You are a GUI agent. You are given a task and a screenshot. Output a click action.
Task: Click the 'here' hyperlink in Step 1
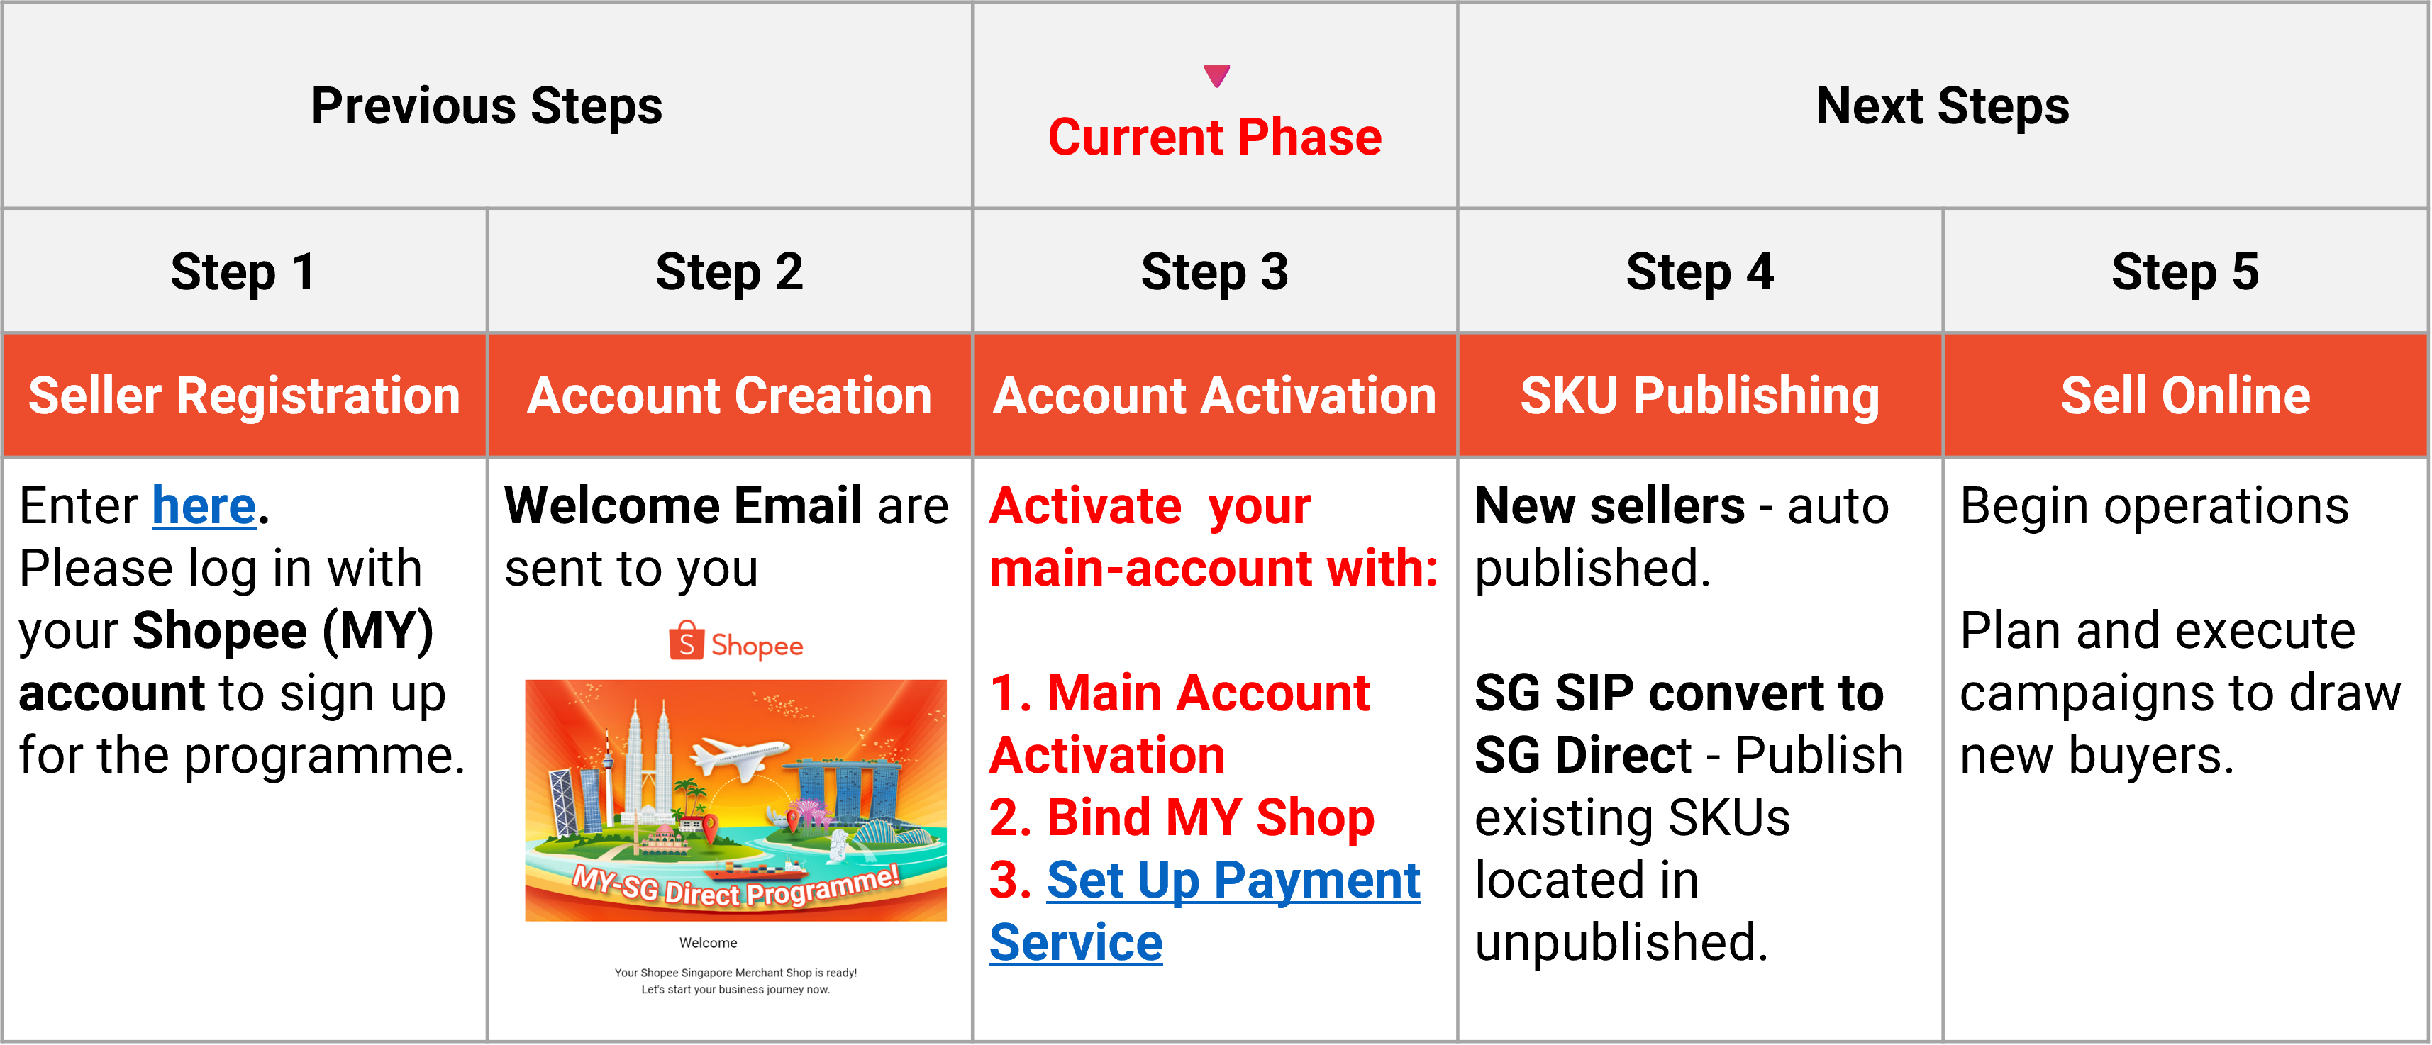click(x=204, y=507)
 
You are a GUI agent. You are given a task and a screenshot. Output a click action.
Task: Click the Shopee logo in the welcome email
click(x=735, y=643)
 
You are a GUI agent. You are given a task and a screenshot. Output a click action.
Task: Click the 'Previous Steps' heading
click(x=487, y=106)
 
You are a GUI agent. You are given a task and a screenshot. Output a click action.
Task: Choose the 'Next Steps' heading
click(x=1942, y=106)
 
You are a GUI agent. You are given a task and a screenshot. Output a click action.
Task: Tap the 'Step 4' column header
click(x=1699, y=272)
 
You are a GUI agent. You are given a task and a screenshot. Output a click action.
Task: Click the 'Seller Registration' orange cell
click(x=243, y=396)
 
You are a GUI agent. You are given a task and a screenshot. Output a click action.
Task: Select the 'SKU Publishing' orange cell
click(x=1699, y=396)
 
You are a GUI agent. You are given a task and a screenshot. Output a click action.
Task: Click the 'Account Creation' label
click(x=729, y=396)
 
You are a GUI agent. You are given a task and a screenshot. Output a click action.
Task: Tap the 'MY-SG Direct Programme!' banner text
click(x=735, y=886)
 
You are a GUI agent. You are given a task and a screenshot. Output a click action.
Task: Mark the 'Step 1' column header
click(x=243, y=272)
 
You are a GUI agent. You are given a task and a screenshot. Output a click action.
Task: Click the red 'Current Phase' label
click(x=1214, y=138)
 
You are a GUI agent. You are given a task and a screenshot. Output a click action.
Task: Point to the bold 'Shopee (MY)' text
click(x=283, y=630)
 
